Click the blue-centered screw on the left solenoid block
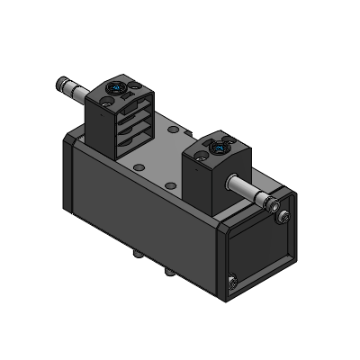coord(117,88)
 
